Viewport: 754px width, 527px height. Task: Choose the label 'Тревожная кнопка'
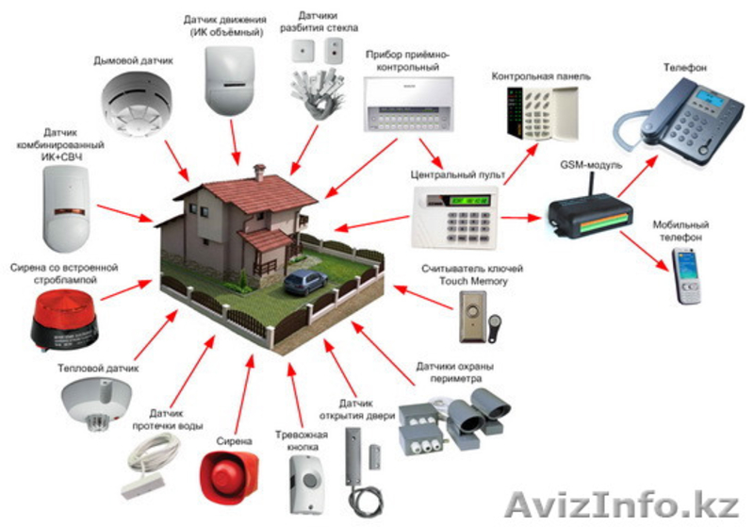(302, 441)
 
